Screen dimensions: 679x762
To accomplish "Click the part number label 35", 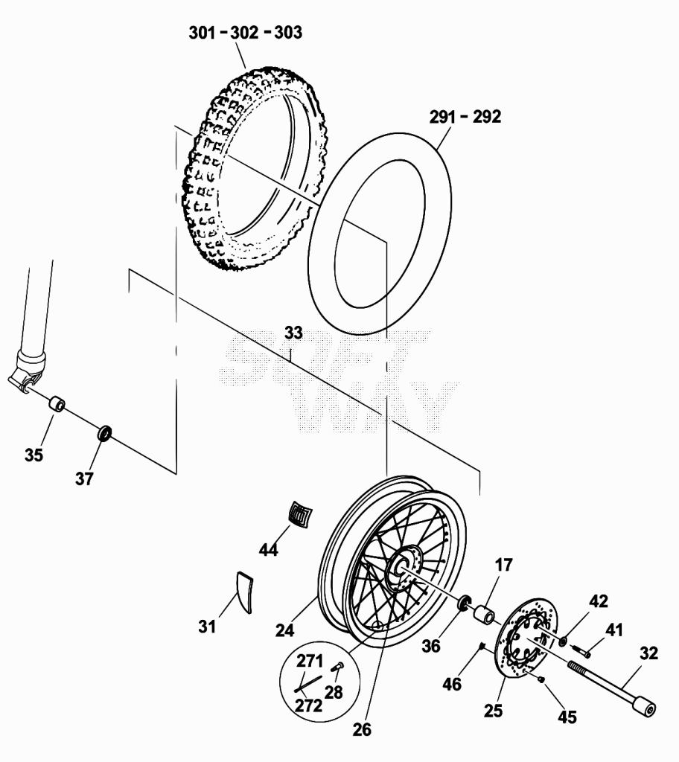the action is click(x=34, y=455).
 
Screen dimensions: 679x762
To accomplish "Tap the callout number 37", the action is click(x=83, y=478).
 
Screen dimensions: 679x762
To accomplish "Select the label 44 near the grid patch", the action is click(x=268, y=550).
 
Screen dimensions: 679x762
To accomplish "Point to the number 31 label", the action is click(x=207, y=627).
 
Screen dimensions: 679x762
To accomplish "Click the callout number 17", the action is click(x=504, y=565).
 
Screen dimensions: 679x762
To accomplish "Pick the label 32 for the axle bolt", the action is click(x=648, y=653).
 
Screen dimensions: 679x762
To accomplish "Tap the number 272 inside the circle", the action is click(x=309, y=705).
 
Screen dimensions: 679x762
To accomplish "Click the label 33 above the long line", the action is click(x=293, y=333).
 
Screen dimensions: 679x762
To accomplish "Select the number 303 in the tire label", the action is click(x=288, y=33).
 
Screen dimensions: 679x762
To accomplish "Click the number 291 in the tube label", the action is click(x=442, y=117).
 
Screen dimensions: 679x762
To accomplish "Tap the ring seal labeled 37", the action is click(x=105, y=432).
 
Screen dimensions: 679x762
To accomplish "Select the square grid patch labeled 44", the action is click(x=300, y=513).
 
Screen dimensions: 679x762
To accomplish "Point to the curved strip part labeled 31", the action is click(x=245, y=592).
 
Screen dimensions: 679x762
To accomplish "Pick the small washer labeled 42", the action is click(x=563, y=641).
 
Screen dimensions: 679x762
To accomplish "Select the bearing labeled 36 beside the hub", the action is click(x=465, y=601).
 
